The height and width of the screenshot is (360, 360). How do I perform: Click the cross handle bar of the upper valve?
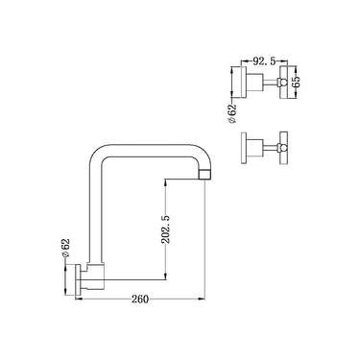[x=286, y=83]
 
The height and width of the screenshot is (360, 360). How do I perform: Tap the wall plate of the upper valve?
[x=246, y=83]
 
